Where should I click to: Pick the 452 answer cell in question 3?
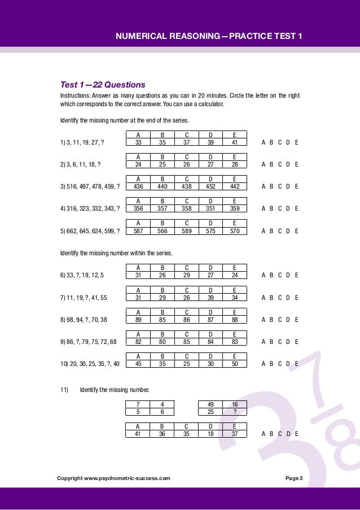(x=210, y=187)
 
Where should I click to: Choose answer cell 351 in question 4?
(x=210, y=209)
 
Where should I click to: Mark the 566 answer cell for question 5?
(x=162, y=231)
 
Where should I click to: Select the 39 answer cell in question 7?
(x=210, y=298)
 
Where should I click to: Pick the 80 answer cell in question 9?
(x=162, y=342)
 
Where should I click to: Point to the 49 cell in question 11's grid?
(x=210, y=404)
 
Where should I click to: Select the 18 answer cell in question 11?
(x=210, y=434)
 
